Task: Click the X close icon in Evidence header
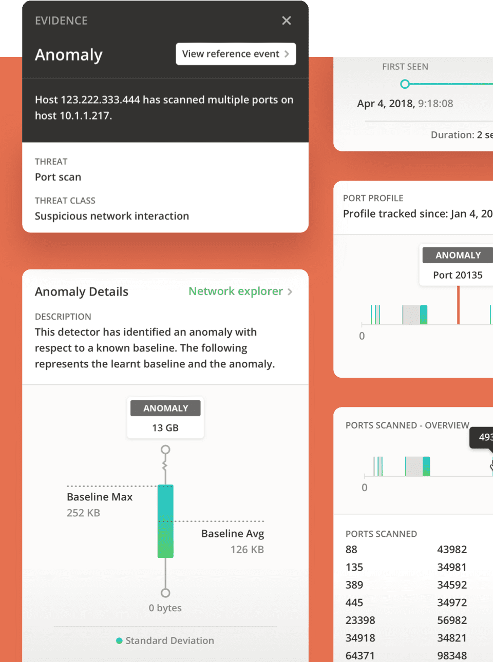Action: (x=287, y=21)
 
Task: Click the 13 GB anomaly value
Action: (x=165, y=428)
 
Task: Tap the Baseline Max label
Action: (x=100, y=497)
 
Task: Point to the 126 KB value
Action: (x=247, y=550)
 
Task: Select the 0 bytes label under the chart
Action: (x=165, y=608)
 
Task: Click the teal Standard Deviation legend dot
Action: (x=119, y=640)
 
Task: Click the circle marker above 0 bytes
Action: (x=165, y=593)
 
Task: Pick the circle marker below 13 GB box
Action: (x=165, y=450)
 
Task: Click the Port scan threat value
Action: (x=58, y=177)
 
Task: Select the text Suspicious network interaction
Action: (x=112, y=216)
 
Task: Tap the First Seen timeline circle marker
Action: (x=405, y=84)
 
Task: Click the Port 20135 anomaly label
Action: (x=458, y=275)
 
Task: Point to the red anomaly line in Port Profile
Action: (x=459, y=305)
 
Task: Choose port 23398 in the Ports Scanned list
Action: (x=361, y=620)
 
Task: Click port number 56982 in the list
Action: (x=452, y=620)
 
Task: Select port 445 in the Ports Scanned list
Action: (x=354, y=602)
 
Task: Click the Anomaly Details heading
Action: (x=82, y=291)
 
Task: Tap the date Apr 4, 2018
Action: (x=386, y=104)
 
